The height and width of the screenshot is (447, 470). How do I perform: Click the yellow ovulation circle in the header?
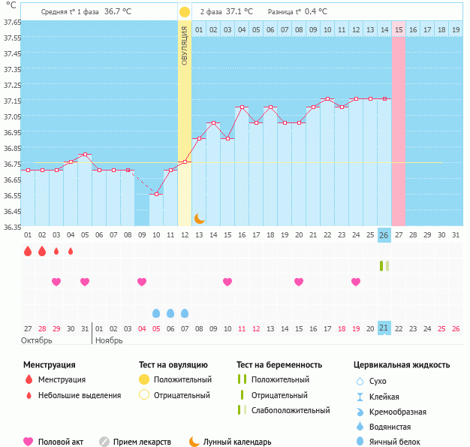tap(185, 12)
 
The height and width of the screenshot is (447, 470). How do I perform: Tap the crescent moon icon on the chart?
tap(199, 218)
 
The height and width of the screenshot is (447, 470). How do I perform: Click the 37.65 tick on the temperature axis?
tap(11, 23)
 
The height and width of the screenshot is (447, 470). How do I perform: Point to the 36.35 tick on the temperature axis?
tap(11, 227)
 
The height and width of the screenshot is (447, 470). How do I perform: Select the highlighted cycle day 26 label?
tap(384, 235)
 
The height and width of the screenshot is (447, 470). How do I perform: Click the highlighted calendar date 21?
tap(384, 328)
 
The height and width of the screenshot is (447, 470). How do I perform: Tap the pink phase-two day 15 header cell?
tap(398, 30)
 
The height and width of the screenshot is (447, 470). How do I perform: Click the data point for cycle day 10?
tap(156, 194)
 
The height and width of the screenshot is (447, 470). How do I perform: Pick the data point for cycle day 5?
tap(85, 155)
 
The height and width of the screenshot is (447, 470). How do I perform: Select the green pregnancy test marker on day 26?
tap(384, 265)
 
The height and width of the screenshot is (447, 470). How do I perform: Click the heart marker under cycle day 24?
tap(355, 282)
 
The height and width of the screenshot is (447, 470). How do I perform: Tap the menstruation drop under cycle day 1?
tap(28, 251)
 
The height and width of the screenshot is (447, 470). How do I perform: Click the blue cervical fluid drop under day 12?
tap(185, 313)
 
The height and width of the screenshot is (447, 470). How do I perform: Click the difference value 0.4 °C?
tap(315, 12)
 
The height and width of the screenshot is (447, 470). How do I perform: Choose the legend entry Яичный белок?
tap(399, 442)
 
